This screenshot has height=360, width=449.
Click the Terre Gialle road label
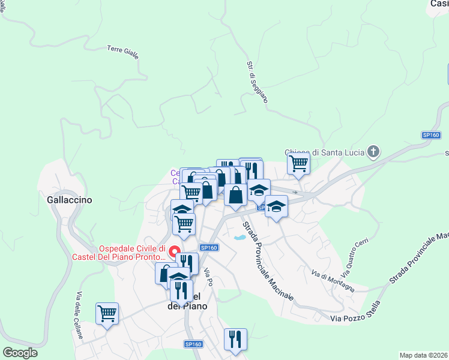pos(123,52)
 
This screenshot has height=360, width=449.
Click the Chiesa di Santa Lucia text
pos(324,152)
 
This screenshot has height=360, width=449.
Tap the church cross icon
pos(373,152)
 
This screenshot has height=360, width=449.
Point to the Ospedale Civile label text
pos(131,253)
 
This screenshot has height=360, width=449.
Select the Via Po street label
pos(208,276)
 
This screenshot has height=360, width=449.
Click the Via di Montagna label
pos(333,282)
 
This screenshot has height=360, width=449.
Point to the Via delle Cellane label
pos(79,316)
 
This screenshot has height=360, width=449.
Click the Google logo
pos(20,353)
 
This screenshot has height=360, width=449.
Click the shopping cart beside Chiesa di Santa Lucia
pos(298,163)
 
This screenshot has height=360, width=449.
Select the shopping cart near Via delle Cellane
pos(107,313)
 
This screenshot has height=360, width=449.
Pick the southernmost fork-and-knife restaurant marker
pos(235,338)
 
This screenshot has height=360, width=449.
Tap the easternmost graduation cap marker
pos(276,206)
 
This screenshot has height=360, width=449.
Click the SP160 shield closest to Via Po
pos(209,247)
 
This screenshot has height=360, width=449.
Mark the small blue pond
pos(240,238)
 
